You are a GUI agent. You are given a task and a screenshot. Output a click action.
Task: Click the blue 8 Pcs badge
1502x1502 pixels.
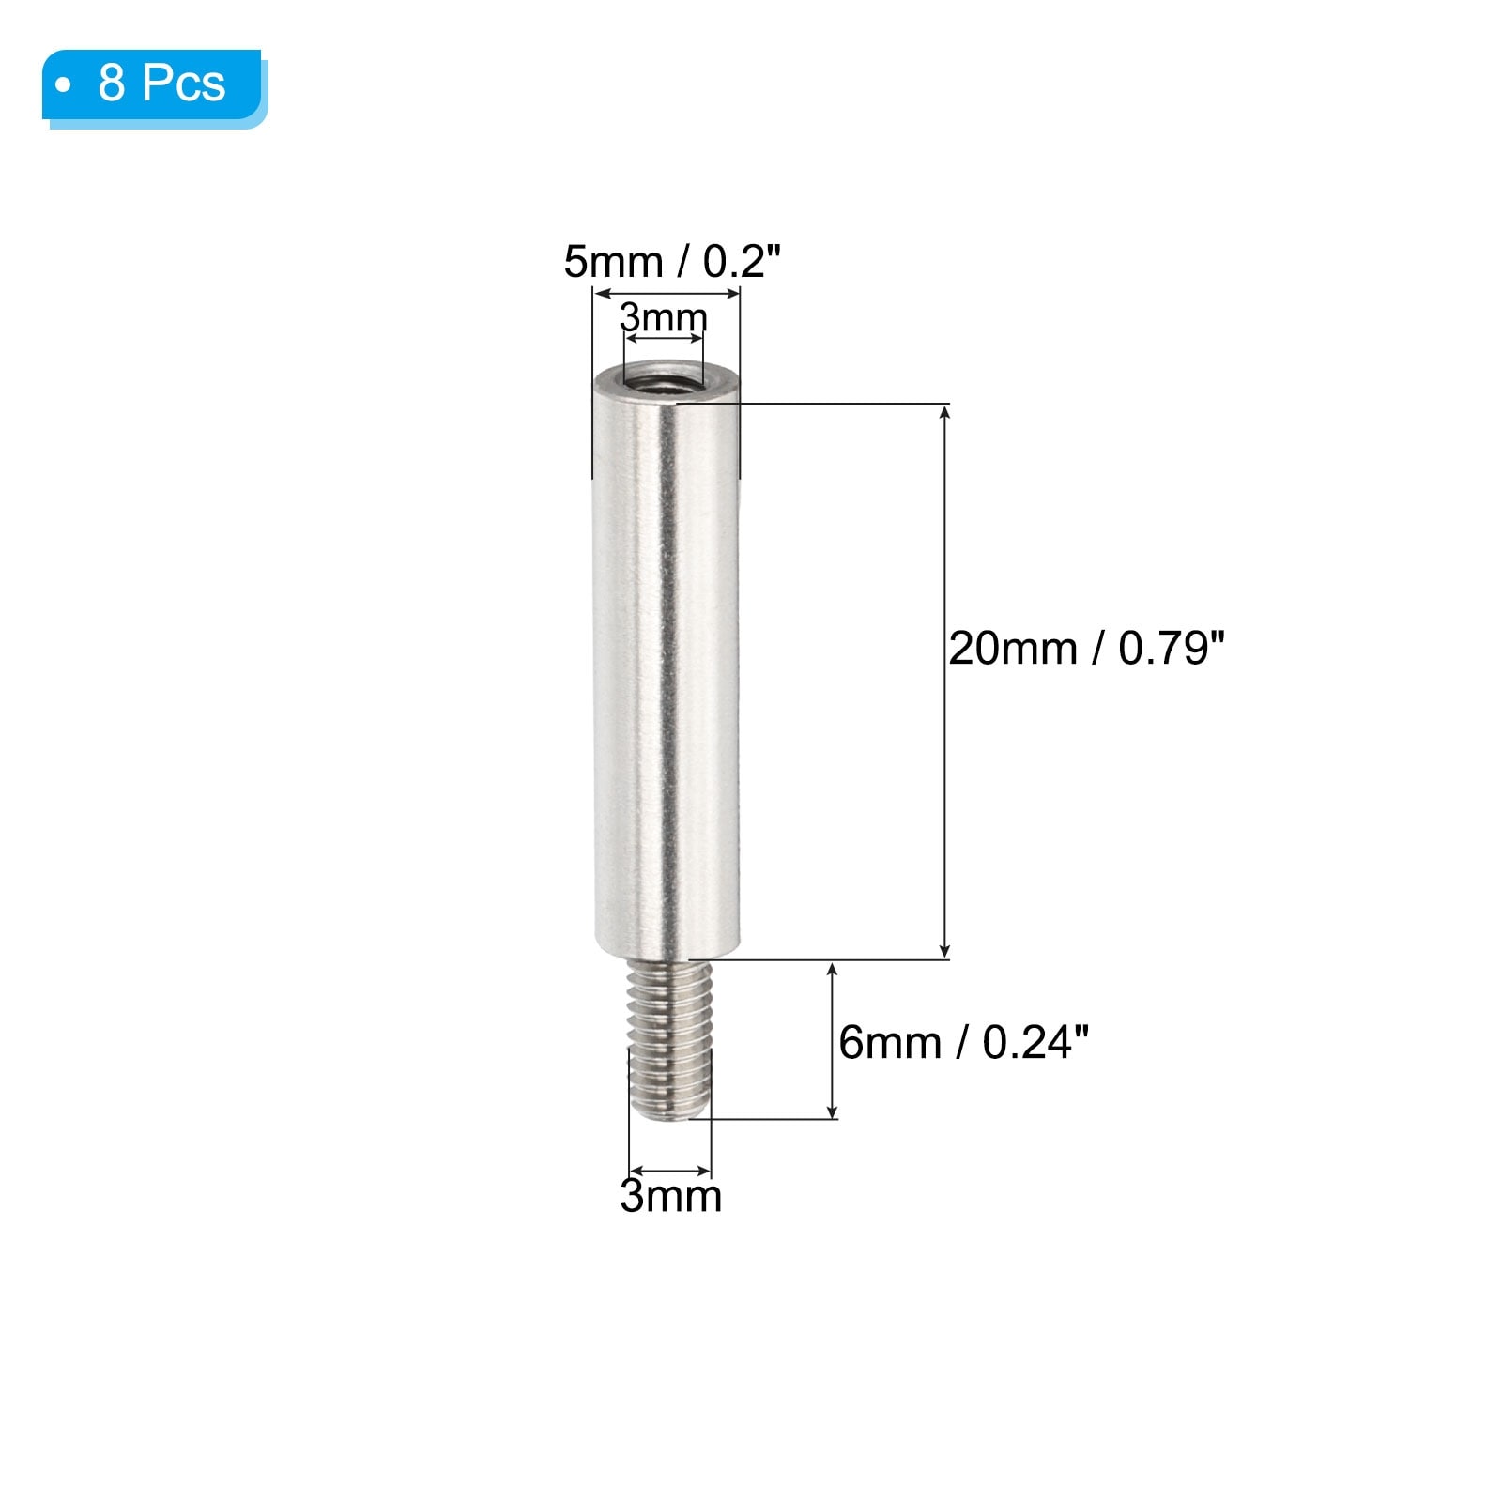(x=152, y=84)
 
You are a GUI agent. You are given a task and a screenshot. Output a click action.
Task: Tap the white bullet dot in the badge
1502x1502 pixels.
(x=63, y=85)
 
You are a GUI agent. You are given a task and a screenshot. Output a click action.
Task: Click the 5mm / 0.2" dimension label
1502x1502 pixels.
(x=672, y=262)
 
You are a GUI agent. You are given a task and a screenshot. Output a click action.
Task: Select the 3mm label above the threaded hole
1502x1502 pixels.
(x=664, y=318)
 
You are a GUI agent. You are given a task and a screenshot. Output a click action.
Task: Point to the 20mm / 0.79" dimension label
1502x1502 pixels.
(x=1086, y=649)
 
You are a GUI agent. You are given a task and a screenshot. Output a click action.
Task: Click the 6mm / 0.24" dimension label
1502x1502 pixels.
(x=963, y=1043)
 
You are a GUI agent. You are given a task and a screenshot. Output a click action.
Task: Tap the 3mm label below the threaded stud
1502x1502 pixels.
(x=670, y=1196)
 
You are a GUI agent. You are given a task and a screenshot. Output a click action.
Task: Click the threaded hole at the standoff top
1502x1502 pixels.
(x=662, y=381)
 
